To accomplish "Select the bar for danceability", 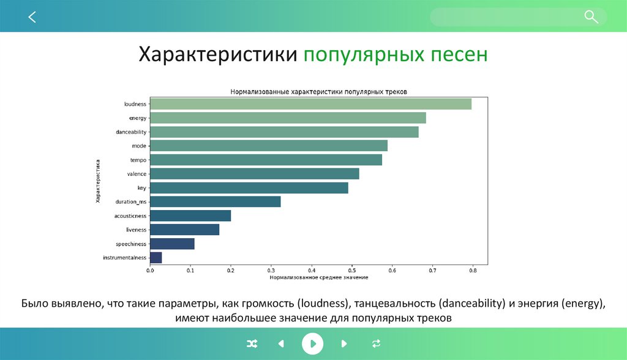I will tap(284, 132).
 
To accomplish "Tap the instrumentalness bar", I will tap(156, 258).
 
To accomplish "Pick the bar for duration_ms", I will tap(215, 201).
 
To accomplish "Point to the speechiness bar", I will tap(172, 244).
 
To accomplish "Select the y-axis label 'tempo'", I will tap(138, 160).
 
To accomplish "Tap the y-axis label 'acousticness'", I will tap(130, 216).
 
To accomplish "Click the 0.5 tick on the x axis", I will tap(351, 270).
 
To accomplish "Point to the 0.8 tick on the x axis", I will tap(473, 270).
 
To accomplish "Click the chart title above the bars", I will tap(318, 91).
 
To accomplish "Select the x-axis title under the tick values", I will tap(318, 277).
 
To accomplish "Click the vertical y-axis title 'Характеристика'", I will tap(97, 181).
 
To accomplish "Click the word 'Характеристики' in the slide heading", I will tap(218, 54).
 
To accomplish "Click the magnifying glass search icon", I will tap(591, 17).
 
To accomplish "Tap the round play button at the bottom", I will tap(312, 343).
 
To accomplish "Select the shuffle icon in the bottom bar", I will tap(251, 343).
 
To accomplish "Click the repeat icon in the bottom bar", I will tap(376, 343).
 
